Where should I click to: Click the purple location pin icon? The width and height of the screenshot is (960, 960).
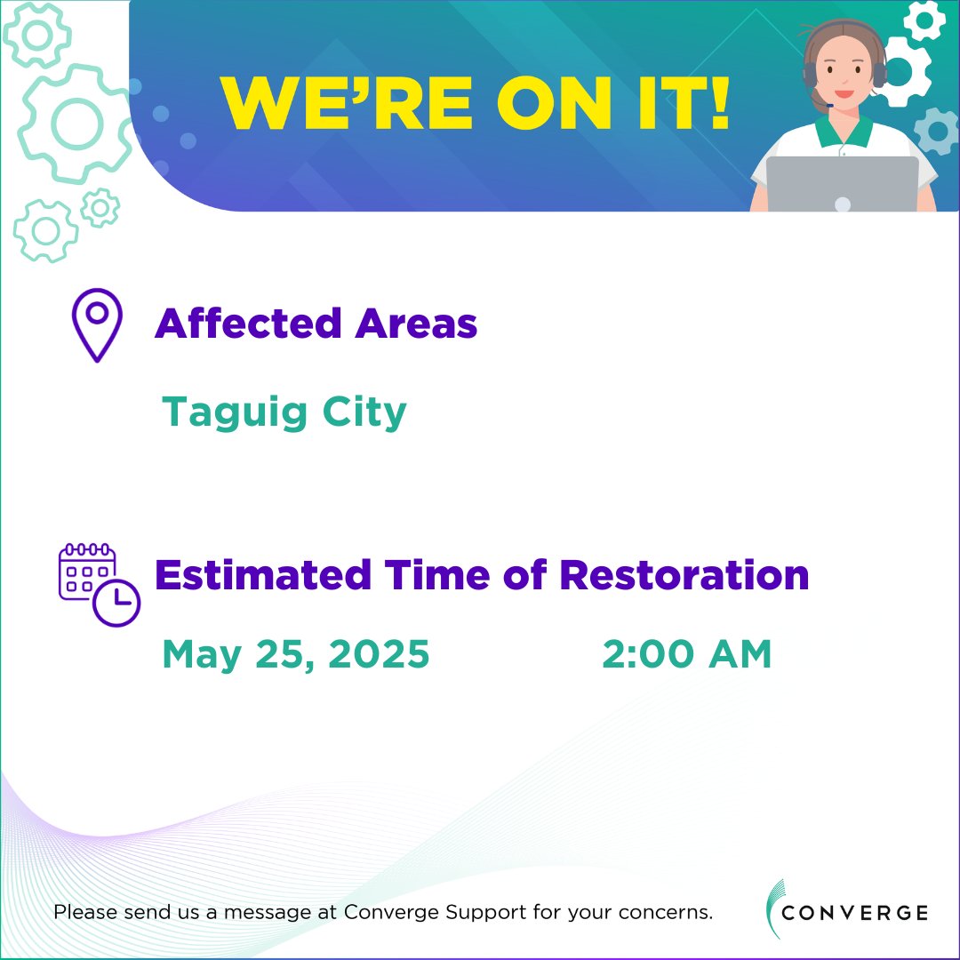[x=96, y=324]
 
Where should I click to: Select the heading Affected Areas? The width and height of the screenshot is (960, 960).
[x=316, y=324]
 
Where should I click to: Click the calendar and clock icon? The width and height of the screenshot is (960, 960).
[x=98, y=582]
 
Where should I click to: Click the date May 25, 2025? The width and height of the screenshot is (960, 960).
[x=295, y=656]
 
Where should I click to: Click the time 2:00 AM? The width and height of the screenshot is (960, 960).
[x=686, y=656]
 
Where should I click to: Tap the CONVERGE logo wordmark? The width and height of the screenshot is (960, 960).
[x=857, y=913]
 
